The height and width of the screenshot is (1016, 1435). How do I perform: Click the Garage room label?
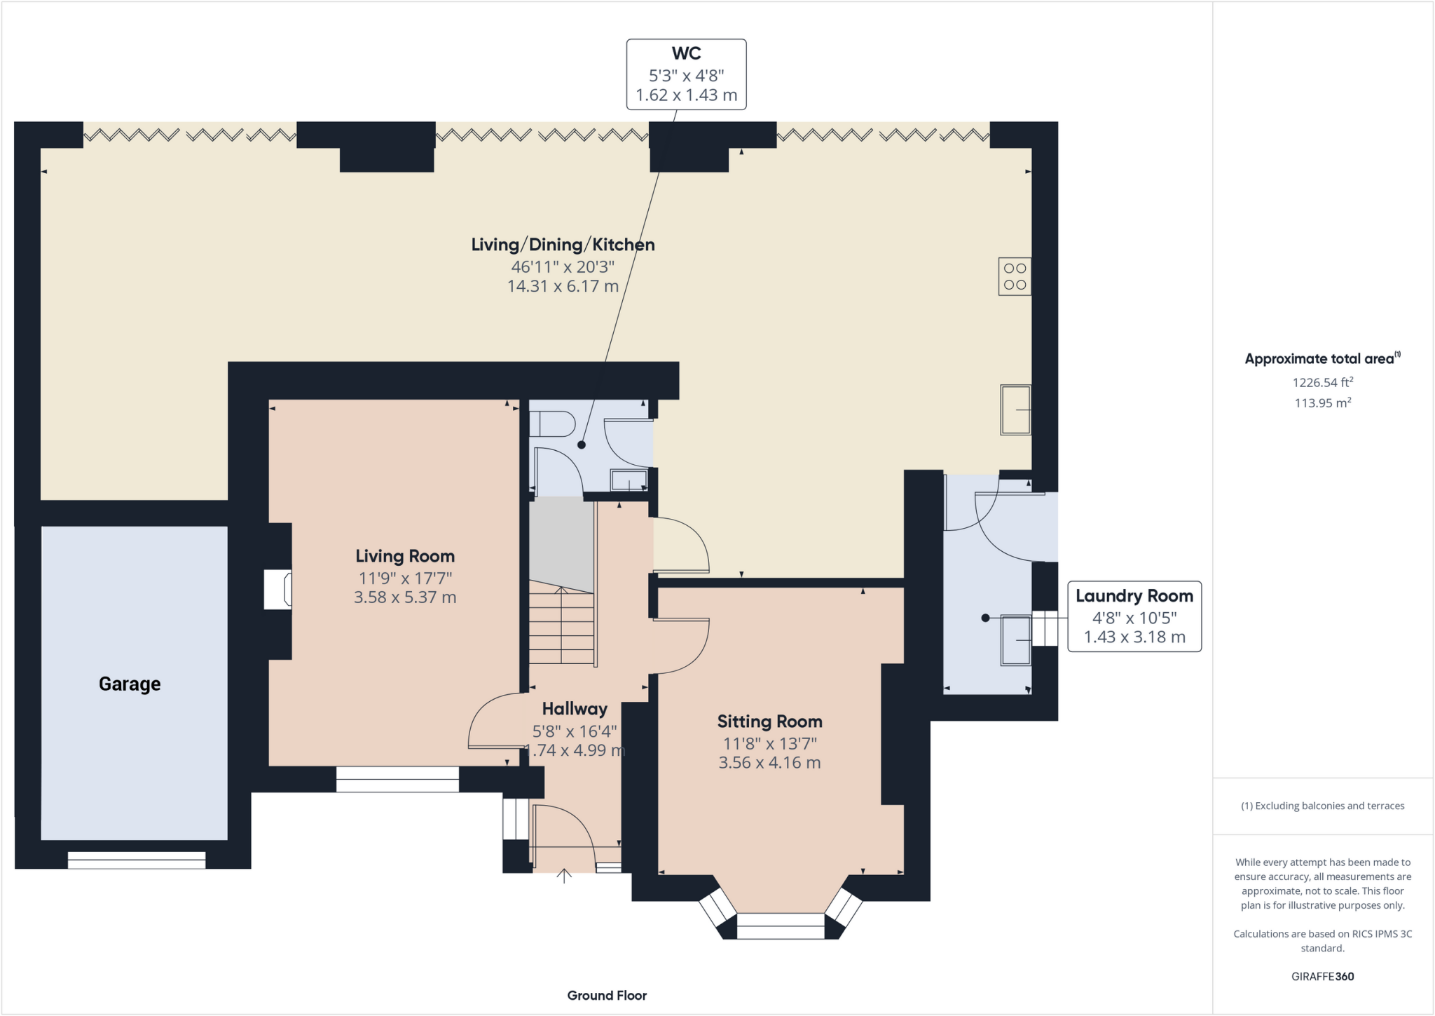point(130,684)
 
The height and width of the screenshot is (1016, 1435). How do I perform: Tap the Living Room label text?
point(405,556)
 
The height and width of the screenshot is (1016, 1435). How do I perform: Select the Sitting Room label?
point(769,722)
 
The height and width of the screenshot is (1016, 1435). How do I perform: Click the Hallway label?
point(575,709)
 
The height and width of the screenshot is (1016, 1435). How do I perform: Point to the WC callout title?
point(686,53)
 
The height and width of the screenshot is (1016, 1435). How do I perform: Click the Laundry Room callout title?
point(1134,596)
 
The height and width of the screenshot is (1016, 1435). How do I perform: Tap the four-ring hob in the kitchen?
point(1015,276)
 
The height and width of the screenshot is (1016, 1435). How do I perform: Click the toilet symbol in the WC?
point(552,424)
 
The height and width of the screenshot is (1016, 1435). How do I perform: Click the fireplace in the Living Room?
point(278,590)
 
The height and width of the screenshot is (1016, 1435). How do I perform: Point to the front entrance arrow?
point(564,876)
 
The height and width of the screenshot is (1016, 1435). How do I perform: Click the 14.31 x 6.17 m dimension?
point(563,286)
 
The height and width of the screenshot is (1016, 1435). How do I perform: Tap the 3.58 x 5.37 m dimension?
point(405,597)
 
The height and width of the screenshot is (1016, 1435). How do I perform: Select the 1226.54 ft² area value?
point(1323,382)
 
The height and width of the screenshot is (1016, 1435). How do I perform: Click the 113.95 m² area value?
point(1323,402)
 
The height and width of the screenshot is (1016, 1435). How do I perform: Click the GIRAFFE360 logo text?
point(1323,976)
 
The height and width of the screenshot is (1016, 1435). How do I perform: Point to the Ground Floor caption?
point(607,995)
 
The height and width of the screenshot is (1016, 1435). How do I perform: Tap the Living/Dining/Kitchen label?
point(563,245)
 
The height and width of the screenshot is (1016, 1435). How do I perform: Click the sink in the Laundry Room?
point(1016,639)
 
